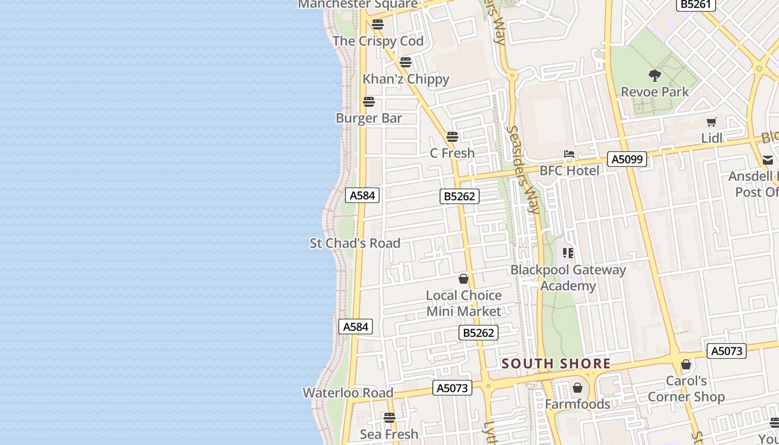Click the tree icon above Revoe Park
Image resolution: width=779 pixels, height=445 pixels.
click(x=655, y=75)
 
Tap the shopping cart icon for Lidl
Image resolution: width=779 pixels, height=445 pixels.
click(x=711, y=122)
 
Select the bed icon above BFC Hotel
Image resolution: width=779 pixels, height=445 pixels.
click(x=569, y=154)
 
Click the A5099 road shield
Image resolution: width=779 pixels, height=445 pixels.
click(x=627, y=160)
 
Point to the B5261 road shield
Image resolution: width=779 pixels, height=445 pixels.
click(x=696, y=4)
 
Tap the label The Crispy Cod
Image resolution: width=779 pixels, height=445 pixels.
click(x=378, y=41)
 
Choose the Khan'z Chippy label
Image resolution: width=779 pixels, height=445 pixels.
click(x=406, y=79)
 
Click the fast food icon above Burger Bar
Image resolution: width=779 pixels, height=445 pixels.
click(x=369, y=102)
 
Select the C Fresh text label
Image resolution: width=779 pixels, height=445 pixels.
click(x=452, y=153)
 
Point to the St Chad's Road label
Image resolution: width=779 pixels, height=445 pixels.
click(x=355, y=243)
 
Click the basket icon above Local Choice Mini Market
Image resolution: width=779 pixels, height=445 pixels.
click(x=464, y=279)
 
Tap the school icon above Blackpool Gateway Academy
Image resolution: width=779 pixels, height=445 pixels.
click(x=568, y=254)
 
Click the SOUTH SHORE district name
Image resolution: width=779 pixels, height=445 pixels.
click(x=556, y=364)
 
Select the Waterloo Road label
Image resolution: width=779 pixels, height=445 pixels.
click(x=348, y=393)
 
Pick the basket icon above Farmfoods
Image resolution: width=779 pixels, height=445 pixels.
click(x=578, y=388)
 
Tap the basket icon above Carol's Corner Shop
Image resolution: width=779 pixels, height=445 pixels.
click(x=686, y=365)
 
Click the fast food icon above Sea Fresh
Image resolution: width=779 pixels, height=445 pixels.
click(x=389, y=417)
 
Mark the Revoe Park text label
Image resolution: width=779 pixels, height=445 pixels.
click(x=655, y=92)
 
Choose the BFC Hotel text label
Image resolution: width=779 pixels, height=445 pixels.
click(x=569, y=171)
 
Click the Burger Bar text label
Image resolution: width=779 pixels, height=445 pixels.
click(x=369, y=118)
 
